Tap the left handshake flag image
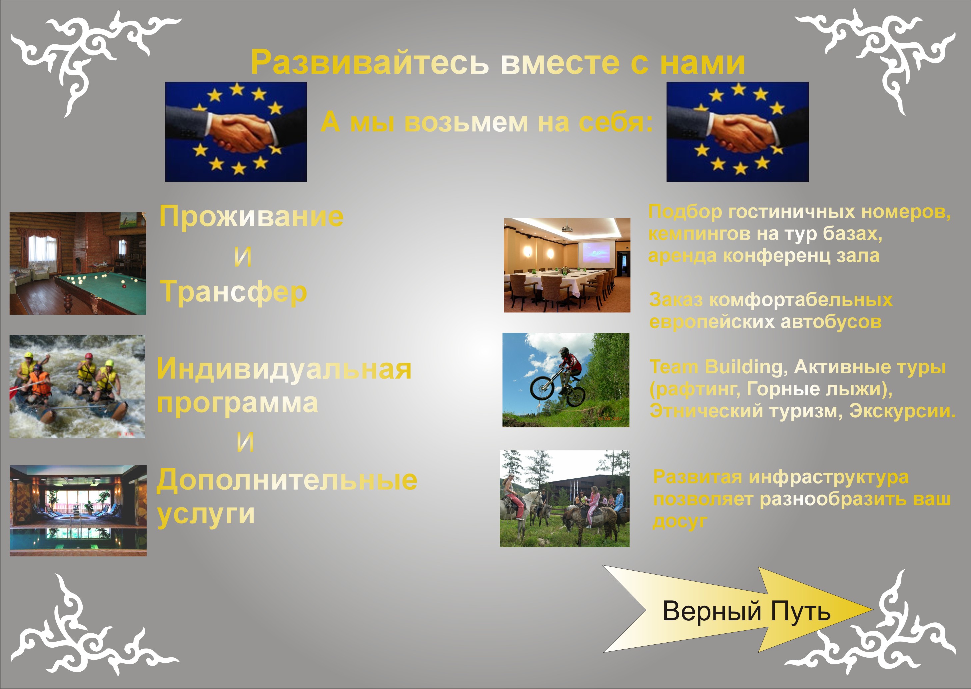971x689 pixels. pyautogui.click(x=236, y=132)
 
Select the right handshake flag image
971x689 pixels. pyautogui.click(x=737, y=132)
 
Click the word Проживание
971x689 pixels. pyautogui.click(x=251, y=217)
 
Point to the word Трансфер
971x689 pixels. pyautogui.click(x=234, y=292)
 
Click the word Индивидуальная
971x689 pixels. pyautogui.click(x=284, y=369)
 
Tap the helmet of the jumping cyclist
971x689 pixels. pyautogui.click(x=564, y=352)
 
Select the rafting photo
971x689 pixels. pyautogui.click(x=77, y=387)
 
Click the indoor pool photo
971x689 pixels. pyautogui.click(x=78, y=510)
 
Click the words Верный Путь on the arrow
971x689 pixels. pyautogui.click(x=746, y=611)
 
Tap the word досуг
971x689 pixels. pyautogui.click(x=680, y=521)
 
